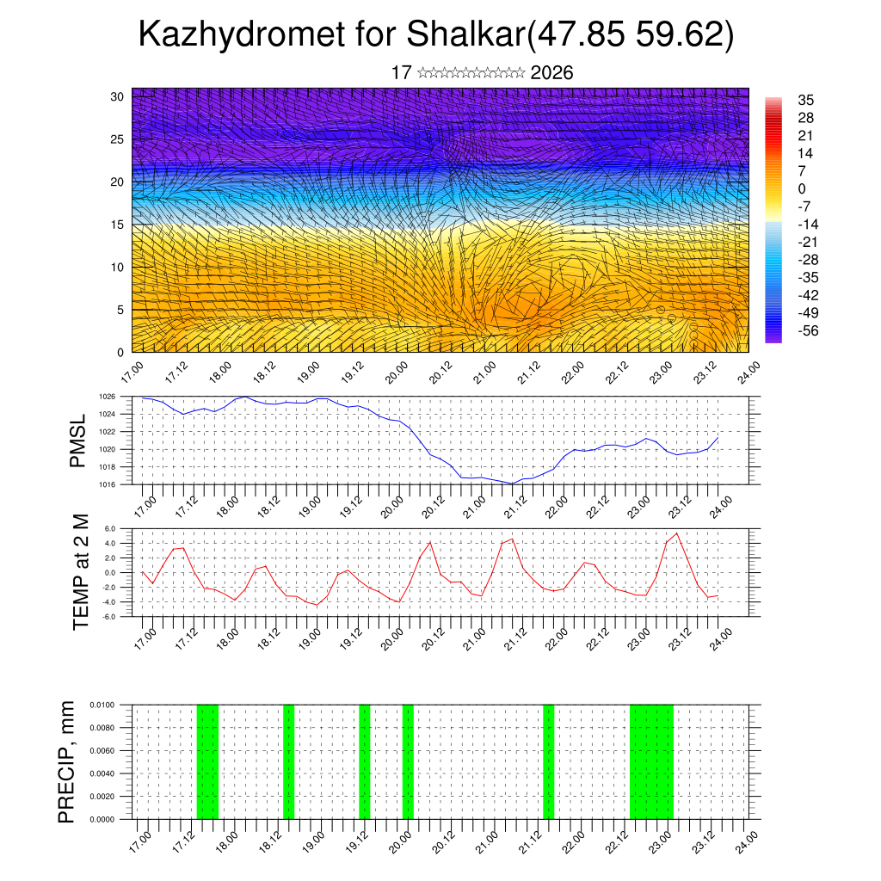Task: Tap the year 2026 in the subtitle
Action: pos(552,73)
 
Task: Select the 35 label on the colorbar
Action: pos(806,101)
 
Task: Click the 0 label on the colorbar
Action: pos(802,189)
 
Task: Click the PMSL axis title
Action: pos(78,441)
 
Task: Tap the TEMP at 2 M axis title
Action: pos(81,572)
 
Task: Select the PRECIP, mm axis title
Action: pos(66,761)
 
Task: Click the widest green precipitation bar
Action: pos(651,761)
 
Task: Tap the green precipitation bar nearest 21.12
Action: pos(548,761)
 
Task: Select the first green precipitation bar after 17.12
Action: pos(207,761)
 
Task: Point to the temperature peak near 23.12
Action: pos(677,533)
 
